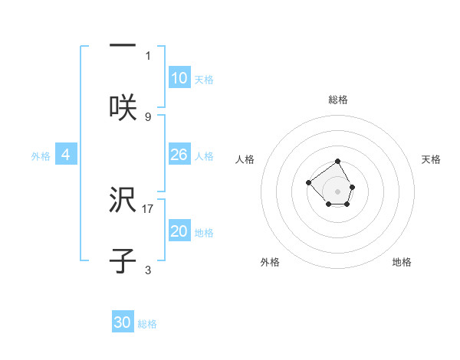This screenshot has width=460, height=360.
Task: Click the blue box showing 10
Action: tap(179, 77)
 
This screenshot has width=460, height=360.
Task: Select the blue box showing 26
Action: tap(179, 155)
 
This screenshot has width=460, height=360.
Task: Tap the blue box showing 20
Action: tap(179, 231)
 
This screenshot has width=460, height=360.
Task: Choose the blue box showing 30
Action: tap(123, 322)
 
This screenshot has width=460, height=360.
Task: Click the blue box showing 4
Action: tap(66, 155)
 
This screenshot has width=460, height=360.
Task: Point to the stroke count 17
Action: tap(148, 208)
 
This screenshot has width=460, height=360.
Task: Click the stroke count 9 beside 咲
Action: tap(148, 116)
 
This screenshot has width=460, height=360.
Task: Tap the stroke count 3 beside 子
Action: tap(148, 270)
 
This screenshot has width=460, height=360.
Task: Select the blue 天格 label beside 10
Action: tap(204, 80)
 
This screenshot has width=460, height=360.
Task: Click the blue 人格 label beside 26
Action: tap(204, 156)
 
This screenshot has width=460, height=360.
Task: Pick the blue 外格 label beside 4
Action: tap(41, 156)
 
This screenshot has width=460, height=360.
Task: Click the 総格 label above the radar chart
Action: tap(338, 100)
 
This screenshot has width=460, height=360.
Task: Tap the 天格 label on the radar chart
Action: tap(431, 159)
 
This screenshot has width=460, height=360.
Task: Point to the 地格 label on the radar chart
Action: tap(402, 262)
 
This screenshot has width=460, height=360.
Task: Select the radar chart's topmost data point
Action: tap(338, 162)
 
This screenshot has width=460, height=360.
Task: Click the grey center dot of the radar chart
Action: tap(338, 191)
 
